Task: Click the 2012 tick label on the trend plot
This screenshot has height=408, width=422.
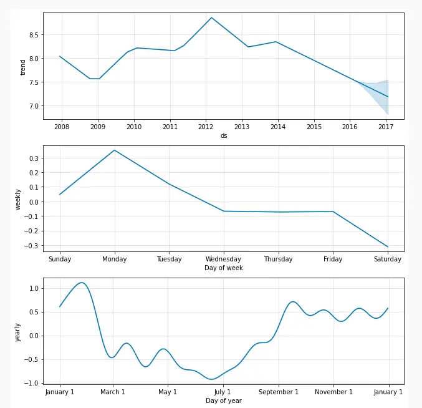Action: tap(206, 127)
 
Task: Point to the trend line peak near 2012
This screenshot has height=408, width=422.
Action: tap(211, 17)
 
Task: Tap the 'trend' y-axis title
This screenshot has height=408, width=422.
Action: tap(23, 67)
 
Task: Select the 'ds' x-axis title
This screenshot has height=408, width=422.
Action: tap(224, 135)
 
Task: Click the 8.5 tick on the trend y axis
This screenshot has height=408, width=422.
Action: tap(34, 35)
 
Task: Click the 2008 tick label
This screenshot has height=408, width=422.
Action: tap(61, 127)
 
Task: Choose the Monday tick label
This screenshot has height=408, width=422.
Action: tap(115, 259)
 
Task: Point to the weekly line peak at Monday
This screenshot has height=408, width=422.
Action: tap(115, 150)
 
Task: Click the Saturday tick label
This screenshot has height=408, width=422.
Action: tap(387, 259)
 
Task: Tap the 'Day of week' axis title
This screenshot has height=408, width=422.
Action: tap(224, 268)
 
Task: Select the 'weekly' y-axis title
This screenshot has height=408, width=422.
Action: tap(19, 198)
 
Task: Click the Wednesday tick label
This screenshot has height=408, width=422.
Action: tap(224, 259)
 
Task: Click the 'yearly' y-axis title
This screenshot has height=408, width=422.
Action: tap(19, 332)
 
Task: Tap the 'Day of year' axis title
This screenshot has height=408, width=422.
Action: tap(224, 401)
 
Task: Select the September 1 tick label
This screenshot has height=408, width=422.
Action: tap(279, 392)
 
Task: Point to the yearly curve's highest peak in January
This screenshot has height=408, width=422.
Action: tap(81, 283)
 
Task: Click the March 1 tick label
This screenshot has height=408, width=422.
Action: tap(113, 392)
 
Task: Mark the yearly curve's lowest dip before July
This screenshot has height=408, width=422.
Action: tap(213, 379)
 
